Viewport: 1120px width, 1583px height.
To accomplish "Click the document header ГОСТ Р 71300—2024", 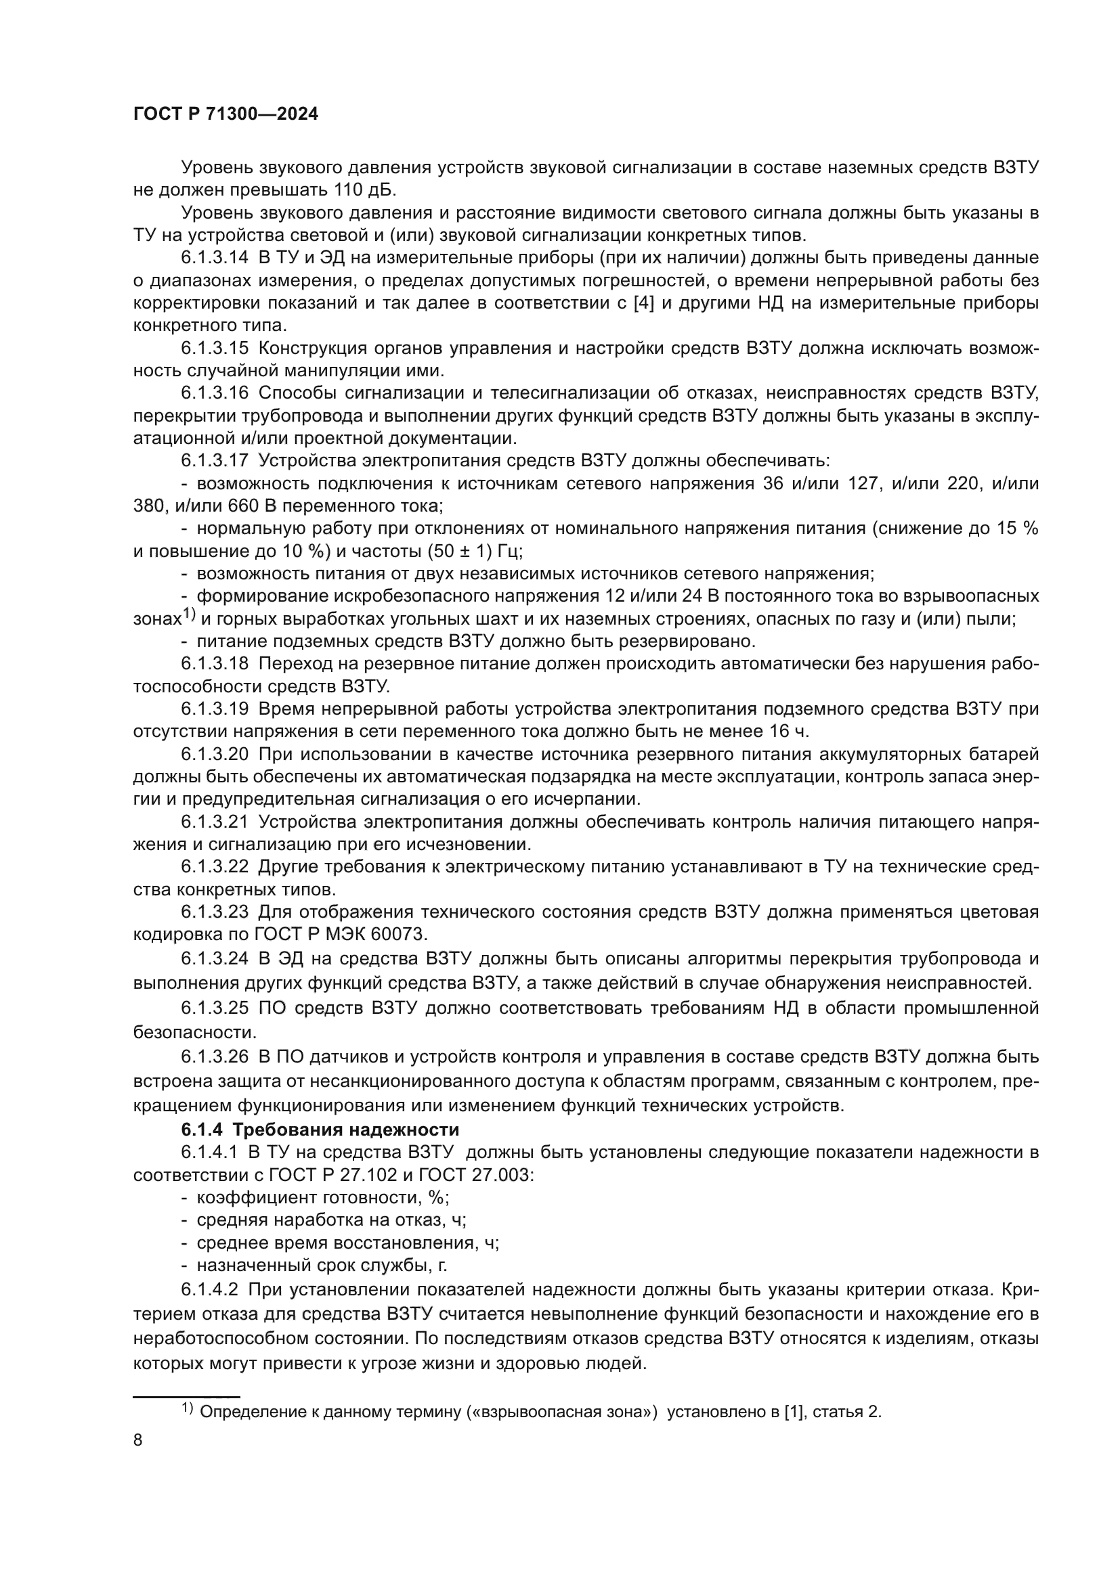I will [225, 114].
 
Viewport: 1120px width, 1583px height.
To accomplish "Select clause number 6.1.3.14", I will [215, 258].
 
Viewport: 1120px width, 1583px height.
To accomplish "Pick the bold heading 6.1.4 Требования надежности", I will [320, 1130].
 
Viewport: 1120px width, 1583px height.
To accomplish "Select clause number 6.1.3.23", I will [215, 912].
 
